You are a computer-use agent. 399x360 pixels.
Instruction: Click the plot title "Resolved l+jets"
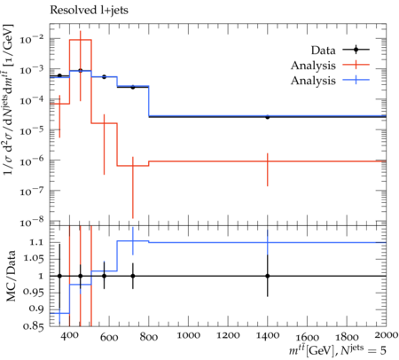89,10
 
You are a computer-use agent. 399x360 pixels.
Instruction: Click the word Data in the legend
323,51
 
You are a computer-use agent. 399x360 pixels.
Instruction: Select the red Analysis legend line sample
356,65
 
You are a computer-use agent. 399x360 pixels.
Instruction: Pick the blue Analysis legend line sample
356,80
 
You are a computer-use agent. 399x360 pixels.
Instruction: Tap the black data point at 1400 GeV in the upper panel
268,117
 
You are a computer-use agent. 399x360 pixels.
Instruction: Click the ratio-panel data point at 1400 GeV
268,276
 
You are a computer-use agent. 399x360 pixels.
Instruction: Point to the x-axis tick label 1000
188,335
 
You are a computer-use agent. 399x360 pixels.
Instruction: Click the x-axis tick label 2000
386,335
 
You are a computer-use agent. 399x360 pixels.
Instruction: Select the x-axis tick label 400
70,335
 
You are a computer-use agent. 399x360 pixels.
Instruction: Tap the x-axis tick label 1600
308,337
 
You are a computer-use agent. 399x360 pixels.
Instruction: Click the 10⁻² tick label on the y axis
31,38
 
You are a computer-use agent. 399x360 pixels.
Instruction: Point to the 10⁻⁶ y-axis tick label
31,160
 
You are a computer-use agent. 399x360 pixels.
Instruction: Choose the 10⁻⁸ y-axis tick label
31,222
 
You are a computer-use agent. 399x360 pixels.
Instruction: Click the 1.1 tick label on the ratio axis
36,242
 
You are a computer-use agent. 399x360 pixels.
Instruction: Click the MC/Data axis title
11,276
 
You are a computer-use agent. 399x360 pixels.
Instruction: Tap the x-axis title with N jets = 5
338,350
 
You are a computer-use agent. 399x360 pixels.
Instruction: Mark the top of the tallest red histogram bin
81,40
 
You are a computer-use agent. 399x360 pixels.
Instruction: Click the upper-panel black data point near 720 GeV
133,87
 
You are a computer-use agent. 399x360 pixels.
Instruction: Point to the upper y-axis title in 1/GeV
10,99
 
